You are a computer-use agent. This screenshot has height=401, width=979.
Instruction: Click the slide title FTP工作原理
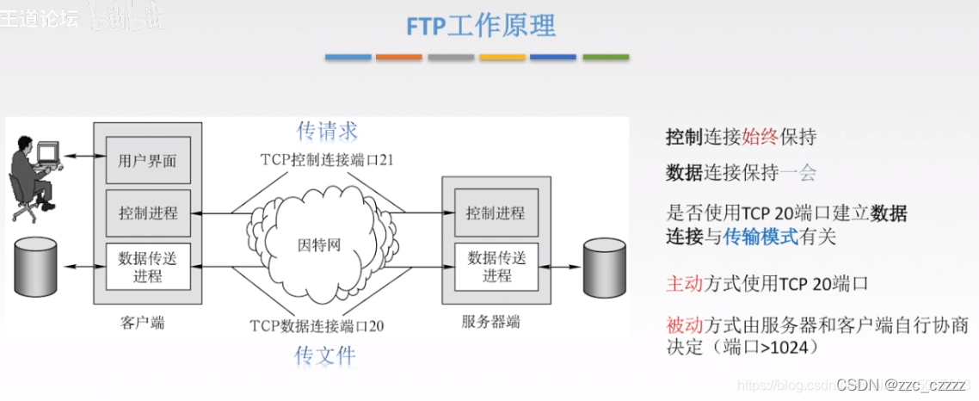click(x=481, y=25)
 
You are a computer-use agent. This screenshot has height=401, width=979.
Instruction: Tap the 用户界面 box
click(x=148, y=160)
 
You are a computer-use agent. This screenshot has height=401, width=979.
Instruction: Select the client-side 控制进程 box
click(x=148, y=213)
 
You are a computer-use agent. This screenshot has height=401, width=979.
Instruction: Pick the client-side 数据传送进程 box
click(x=148, y=267)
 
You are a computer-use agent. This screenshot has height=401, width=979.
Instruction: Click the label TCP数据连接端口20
click(x=317, y=326)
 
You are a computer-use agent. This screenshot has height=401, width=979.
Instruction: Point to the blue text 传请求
click(x=327, y=131)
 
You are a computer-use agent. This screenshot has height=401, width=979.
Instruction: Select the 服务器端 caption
click(x=490, y=323)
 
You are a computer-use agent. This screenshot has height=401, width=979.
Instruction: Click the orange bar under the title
click(x=398, y=58)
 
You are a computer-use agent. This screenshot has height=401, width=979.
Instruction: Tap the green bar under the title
click(x=605, y=58)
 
